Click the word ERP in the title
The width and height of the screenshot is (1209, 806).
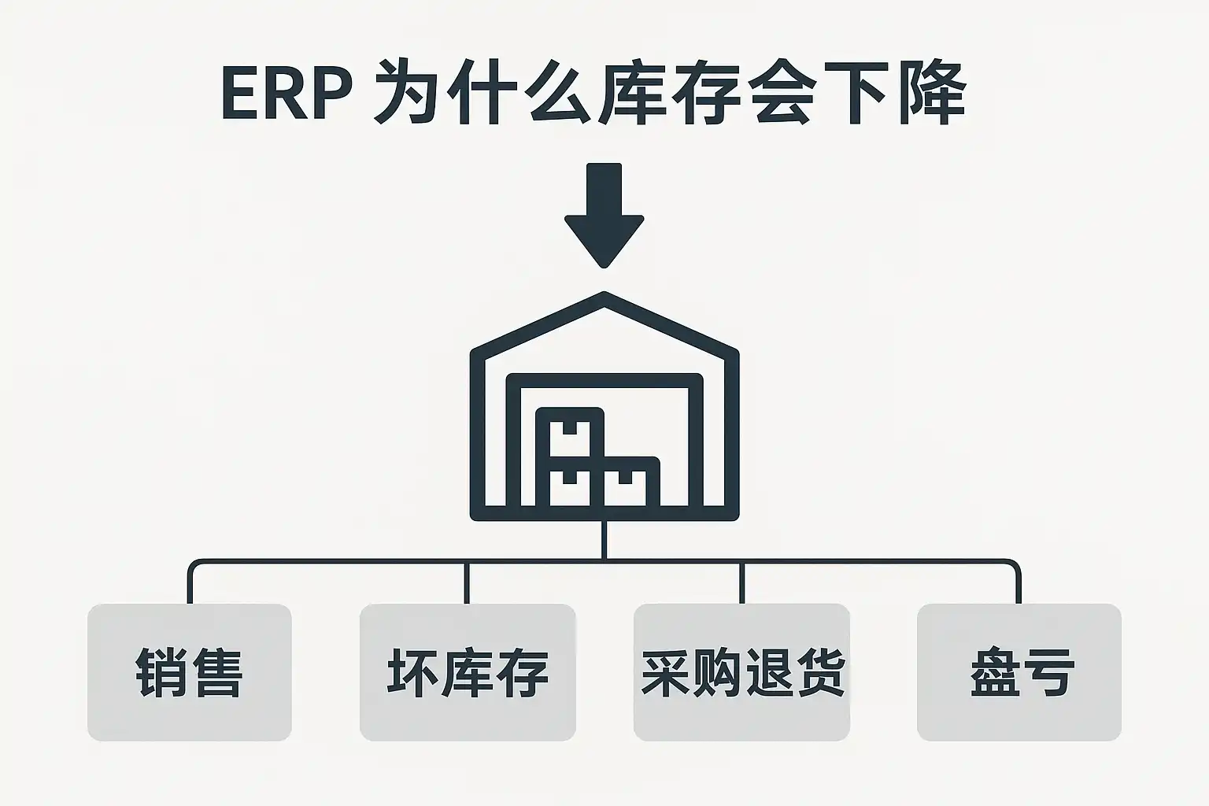point(287,93)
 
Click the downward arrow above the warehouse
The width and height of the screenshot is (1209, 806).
point(604,215)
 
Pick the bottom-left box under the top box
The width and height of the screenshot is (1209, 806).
point(569,484)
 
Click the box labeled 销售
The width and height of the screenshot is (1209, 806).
point(190,672)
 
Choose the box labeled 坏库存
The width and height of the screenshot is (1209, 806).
point(468,672)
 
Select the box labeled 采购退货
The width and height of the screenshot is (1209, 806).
point(741,672)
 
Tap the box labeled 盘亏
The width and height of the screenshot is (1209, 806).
point(1019,672)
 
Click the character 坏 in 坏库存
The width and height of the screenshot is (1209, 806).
point(413,673)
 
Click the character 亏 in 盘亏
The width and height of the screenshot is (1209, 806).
point(1048,673)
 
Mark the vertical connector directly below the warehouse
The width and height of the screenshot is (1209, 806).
point(604,540)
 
